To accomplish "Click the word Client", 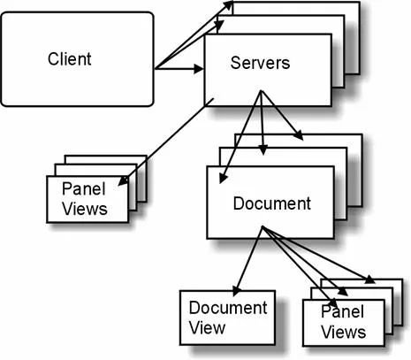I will coord(70,59).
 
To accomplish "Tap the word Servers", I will coord(260,64).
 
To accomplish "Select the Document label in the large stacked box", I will coord(271,203).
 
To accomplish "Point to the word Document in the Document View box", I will coord(227,308).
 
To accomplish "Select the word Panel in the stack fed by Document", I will coord(342,314).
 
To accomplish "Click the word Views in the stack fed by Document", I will coord(343,333).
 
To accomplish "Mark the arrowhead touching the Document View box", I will coord(236,289).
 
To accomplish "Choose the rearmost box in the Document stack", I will coord(354,142).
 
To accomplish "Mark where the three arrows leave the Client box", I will coord(156,68).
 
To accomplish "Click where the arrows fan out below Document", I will coord(263,229).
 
